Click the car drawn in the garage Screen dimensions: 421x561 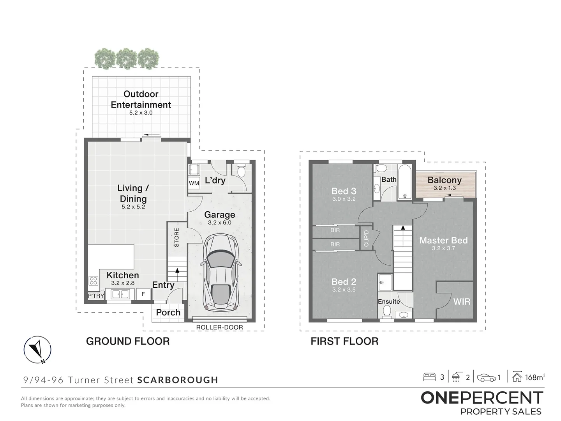(x=220, y=273)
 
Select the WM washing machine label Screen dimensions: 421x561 (x=194, y=183)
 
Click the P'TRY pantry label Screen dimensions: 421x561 (x=96, y=296)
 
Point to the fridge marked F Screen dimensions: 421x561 (x=143, y=294)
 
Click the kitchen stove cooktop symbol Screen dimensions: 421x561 (x=93, y=281)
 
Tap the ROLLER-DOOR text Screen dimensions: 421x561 (x=219, y=327)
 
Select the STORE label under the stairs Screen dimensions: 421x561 (x=176, y=237)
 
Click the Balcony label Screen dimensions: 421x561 (x=445, y=180)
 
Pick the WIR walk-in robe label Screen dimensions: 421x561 (x=462, y=302)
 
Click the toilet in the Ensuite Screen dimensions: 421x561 (x=386, y=311)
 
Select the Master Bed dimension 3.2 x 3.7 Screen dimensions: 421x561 (x=443, y=248)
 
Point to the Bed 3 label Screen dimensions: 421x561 (x=344, y=191)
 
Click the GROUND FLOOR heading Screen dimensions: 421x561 (x=128, y=341)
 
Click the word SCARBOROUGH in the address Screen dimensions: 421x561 (x=178, y=380)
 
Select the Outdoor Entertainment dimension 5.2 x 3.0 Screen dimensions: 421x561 (x=141, y=113)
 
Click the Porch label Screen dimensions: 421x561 (x=168, y=313)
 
